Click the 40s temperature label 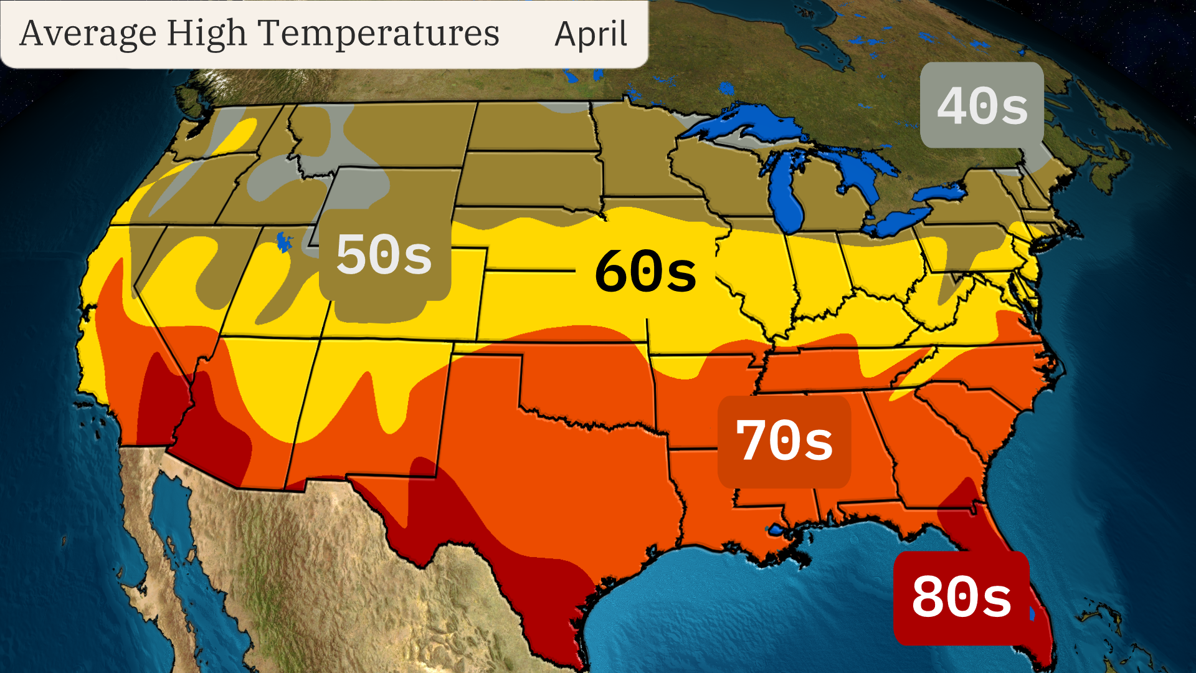point(982,106)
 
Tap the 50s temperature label point(384,255)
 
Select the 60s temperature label point(645,271)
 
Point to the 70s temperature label point(784,441)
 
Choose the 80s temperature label point(961,597)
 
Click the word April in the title point(591,34)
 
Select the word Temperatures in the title point(378,34)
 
